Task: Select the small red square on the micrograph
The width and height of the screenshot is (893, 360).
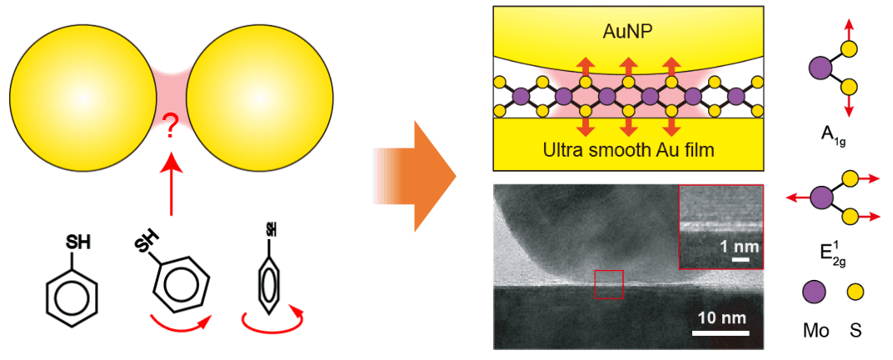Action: click(609, 284)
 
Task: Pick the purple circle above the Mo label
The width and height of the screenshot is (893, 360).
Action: click(813, 292)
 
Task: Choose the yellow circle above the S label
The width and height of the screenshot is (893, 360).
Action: click(856, 292)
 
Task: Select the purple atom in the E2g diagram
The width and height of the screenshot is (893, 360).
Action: click(822, 198)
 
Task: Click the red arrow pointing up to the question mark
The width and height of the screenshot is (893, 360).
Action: click(171, 187)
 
